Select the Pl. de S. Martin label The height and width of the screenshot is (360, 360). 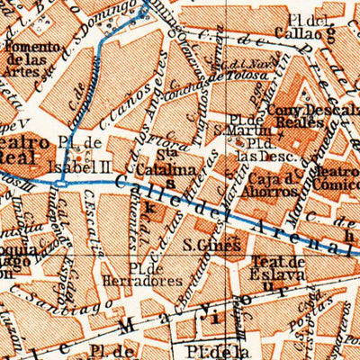pyautogui.click(x=241, y=123)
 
